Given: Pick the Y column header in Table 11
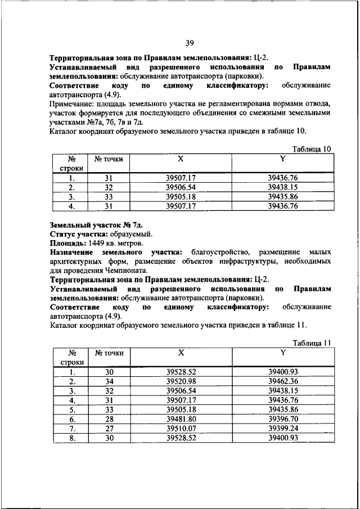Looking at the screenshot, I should pyautogui.click(x=282, y=353).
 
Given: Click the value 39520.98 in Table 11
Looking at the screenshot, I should pyautogui.click(x=181, y=381).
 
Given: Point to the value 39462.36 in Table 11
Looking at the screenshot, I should pyautogui.click(x=282, y=381).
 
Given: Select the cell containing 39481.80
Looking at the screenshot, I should pyautogui.click(x=181, y=419).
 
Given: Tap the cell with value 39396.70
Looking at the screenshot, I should pyautogui.click(x=282, y=419).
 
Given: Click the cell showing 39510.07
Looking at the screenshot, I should pyautogui.click(x=181, y=429).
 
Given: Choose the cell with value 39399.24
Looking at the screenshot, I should pyautogui.click(x=282, y=429).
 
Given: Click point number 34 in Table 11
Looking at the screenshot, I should pyautogui.click(x=109, y=381).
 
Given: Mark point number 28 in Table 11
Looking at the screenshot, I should pyautogui.click(x=109, y=419).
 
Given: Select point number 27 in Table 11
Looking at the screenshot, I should pyautogui.click(x=109, y=429).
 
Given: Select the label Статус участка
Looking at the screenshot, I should pyautogui.click(x=77, y=234).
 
